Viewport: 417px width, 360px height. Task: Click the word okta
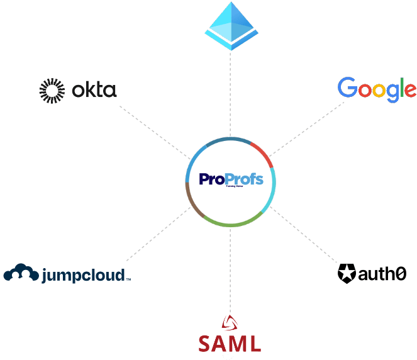(x=94, y=91)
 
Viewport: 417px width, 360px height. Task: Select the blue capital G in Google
(x=348, y=88)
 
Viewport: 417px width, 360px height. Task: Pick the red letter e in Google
(x=409, y=91)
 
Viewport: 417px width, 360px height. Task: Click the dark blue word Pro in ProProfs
(x=213, y=180)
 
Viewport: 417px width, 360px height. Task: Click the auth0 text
(x=382, y=274)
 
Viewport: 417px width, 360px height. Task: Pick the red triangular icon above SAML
(x=230, y=324)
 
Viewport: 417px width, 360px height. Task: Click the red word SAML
(x=230, y=344)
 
